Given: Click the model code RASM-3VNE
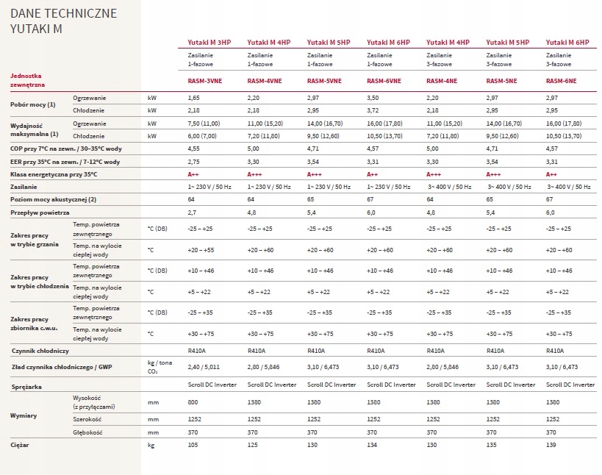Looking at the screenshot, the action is (x=204, y=81).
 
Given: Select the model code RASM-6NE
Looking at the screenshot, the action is (x=561, y=81).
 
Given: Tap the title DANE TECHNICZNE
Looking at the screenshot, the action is (x=63, y=13).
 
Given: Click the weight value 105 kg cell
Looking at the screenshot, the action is (x=193, y=445).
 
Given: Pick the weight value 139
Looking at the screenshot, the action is (x=551, y=445).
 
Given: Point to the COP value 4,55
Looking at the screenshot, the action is (x=193, y=149).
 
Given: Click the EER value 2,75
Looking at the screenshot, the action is (x=193, y=162).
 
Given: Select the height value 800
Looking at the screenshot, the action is (x=193, y=402).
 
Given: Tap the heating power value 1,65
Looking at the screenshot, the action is (x=193, y=98).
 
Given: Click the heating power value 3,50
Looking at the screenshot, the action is (x=373, y=98).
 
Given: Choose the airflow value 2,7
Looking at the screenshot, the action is (x=192, y=213).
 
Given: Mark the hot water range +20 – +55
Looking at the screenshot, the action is (x=201, y=250).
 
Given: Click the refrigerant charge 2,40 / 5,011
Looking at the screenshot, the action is (x=204, y=367).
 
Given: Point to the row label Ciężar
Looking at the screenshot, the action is (x=20, y=445).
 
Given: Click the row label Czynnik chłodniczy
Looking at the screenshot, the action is (x=40, y=351).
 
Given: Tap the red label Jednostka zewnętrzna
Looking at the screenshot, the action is (x=28, y=80).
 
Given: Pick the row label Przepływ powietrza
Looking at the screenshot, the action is (x=40, y=213).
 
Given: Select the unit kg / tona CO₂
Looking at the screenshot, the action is (x=160, y=367).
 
